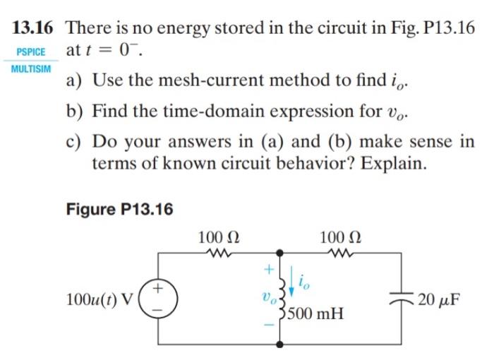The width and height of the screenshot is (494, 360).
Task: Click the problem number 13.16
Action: (x=36, y=28)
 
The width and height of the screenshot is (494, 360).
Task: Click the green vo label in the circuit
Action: (x=266, y=297)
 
